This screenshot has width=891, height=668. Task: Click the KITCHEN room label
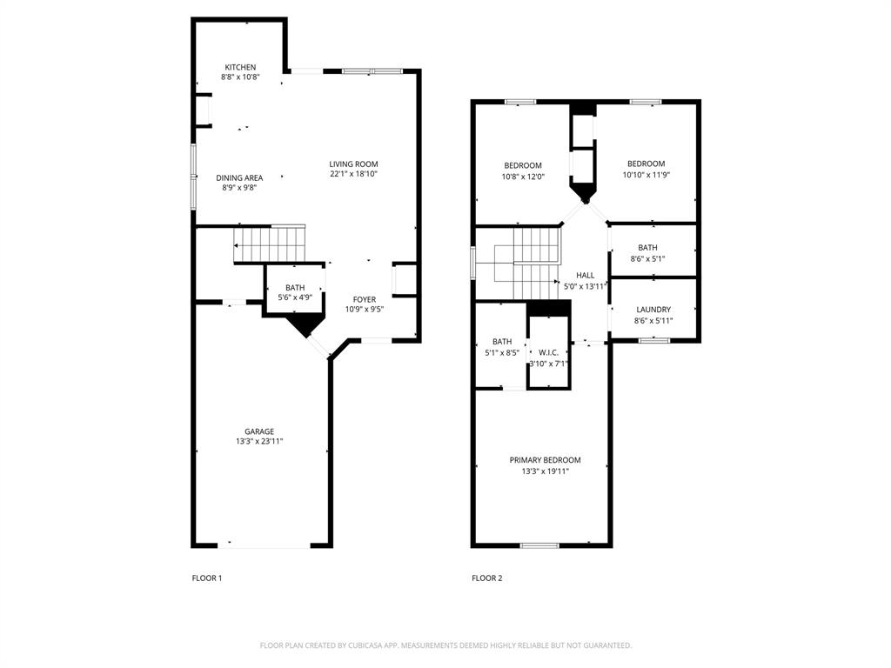240,67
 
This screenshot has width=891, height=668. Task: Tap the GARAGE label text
258,431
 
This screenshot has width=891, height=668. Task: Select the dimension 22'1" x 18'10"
353,174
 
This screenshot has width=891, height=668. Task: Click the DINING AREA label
239,177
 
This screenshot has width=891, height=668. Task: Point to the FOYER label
364,299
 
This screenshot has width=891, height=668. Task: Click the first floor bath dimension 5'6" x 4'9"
295,297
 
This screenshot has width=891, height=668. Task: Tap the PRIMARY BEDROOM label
545,460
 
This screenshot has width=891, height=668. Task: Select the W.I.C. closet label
548,352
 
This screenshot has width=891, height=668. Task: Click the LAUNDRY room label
653,310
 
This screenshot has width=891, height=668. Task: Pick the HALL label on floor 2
585,275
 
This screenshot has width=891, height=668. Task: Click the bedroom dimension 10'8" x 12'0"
522,177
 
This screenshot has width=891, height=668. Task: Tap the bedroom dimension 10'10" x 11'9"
646,175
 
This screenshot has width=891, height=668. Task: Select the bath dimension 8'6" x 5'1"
647,258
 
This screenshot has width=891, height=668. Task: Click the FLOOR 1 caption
207,578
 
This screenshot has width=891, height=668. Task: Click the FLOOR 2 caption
487,578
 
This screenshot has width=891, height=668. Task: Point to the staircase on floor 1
270,244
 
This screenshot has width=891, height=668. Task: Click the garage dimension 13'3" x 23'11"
258,442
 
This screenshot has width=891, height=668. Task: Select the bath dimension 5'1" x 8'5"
502,353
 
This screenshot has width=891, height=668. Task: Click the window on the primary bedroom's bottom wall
539,545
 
